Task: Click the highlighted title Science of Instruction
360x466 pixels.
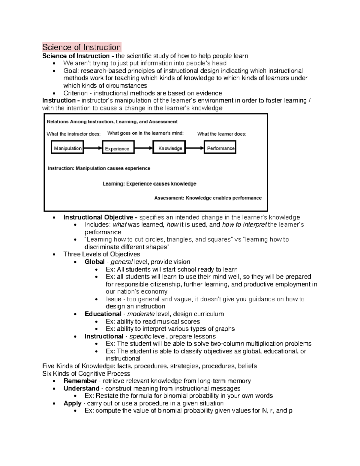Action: [x=82, y=47]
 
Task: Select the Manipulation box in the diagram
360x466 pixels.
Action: [x=67, y=148]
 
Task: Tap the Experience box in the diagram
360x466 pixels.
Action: [x=117, y=149]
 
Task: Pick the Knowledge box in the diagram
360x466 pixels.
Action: [x=170, y=148]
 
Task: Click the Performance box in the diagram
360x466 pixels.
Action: [x=220, y=148]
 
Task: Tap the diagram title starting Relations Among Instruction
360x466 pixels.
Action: [x=112, y=122]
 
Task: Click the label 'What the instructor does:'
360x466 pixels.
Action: [x=73, y=134]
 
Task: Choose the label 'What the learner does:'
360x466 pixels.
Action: [x=221, y=134]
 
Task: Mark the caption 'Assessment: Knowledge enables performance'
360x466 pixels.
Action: [x=208, y=198]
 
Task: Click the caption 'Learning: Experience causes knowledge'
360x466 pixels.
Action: [x=149, y=184]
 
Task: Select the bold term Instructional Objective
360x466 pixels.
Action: [x=100, y=217]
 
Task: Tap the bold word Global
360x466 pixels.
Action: [x=94, y=262]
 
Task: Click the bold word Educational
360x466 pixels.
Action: [x=103, y=314]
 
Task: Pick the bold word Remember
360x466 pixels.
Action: [x=80, y=381]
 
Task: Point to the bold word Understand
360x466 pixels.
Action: [x=81, y=389]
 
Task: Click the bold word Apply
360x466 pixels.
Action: [x=72, y=403]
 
